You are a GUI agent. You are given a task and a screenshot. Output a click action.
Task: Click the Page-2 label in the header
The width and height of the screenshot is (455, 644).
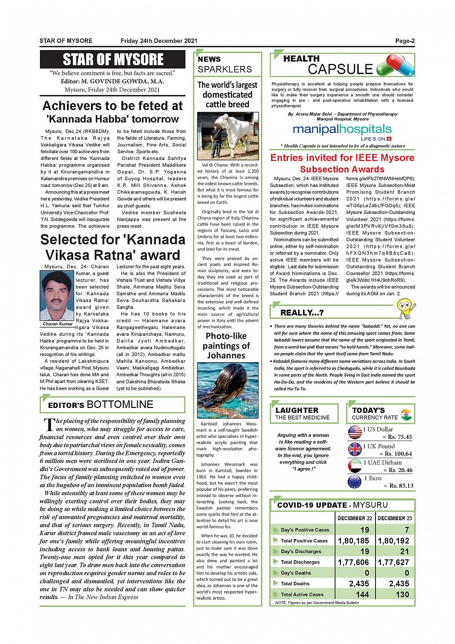click(404, 41)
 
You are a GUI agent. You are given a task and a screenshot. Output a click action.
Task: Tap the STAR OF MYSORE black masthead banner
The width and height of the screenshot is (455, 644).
click(113, 60)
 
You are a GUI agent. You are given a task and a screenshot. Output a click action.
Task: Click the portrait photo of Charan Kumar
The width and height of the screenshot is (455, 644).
click(57, 295)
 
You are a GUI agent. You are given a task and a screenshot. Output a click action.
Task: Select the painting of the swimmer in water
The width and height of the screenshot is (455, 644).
click(228, 390)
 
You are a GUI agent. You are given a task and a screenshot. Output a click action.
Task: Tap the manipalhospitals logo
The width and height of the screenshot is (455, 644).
click(342, 131)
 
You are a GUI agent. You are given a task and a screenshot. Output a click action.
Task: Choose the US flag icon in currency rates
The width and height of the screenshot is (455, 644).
click(355, 433)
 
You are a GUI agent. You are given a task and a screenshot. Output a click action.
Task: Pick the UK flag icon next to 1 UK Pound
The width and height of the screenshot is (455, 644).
click(355, 449)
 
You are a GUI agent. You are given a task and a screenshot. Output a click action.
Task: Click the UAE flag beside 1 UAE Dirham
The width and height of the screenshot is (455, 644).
click(355, 466)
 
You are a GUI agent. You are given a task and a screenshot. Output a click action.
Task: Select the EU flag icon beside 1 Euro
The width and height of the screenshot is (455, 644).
click(355, 482)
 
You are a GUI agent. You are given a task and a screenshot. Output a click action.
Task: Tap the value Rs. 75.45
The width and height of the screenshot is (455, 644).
click(400, 437)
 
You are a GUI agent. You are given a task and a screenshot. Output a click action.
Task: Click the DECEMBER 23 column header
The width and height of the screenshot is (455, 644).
click(394, 518)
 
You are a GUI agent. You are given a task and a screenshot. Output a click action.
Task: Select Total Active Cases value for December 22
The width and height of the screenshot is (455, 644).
click(362, 594)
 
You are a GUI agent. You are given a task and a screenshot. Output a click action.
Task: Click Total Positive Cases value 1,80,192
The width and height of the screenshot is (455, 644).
click(393, 540)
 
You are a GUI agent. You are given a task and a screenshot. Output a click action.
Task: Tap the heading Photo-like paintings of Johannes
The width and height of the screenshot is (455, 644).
click(226, 345)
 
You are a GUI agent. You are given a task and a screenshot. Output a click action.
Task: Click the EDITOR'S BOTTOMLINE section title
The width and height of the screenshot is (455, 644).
click(101, 405)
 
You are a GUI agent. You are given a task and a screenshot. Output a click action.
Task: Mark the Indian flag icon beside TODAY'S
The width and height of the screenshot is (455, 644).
click(406, 414)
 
